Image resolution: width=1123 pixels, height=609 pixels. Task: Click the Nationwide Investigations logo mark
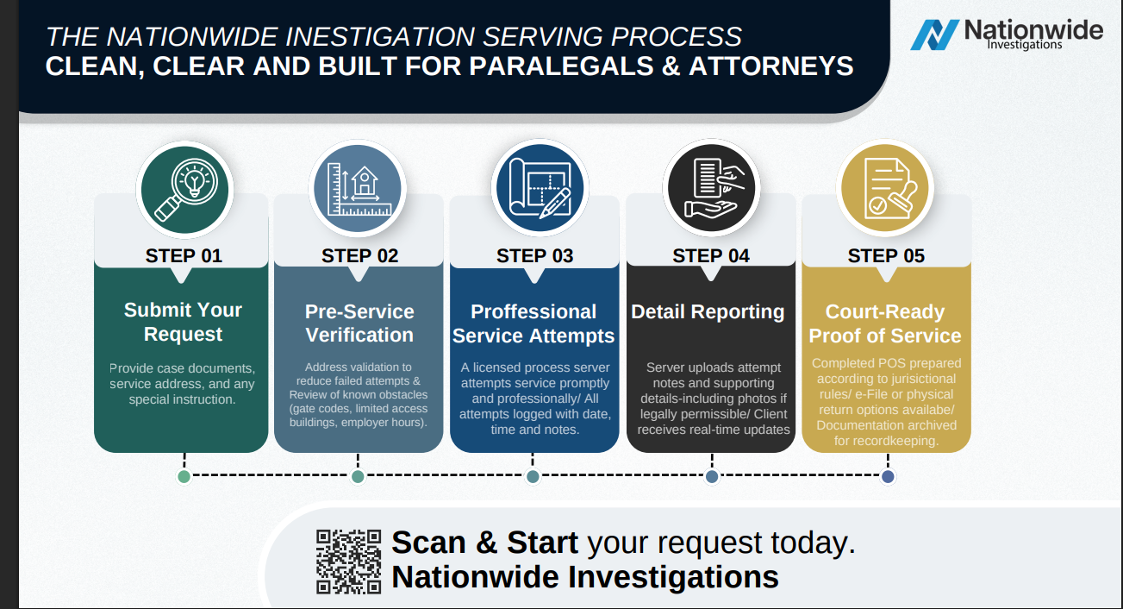pos(934,35)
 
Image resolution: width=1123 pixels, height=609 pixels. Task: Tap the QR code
pos(348,561)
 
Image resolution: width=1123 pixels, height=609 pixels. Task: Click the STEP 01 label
pos(184,255)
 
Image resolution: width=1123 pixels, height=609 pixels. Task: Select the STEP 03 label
pos(534,255)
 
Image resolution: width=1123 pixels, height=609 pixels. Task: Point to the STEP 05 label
pos(885,255)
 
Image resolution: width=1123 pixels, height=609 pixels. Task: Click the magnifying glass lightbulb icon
pos(184,188)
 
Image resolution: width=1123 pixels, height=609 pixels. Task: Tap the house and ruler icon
pos(359,188)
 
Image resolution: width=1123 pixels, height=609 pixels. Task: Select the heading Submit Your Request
pos(183,322)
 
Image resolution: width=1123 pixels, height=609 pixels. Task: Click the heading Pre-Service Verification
pos(359,323)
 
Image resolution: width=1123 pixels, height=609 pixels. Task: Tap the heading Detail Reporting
pos(708,311)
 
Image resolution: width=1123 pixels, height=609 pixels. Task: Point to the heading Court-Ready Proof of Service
pos(885,323)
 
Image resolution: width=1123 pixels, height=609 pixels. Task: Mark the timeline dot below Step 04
pos(712,476)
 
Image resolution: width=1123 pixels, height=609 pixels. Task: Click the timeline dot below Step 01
pos(184,476)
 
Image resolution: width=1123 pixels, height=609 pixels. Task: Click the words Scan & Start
pos(484,543)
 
